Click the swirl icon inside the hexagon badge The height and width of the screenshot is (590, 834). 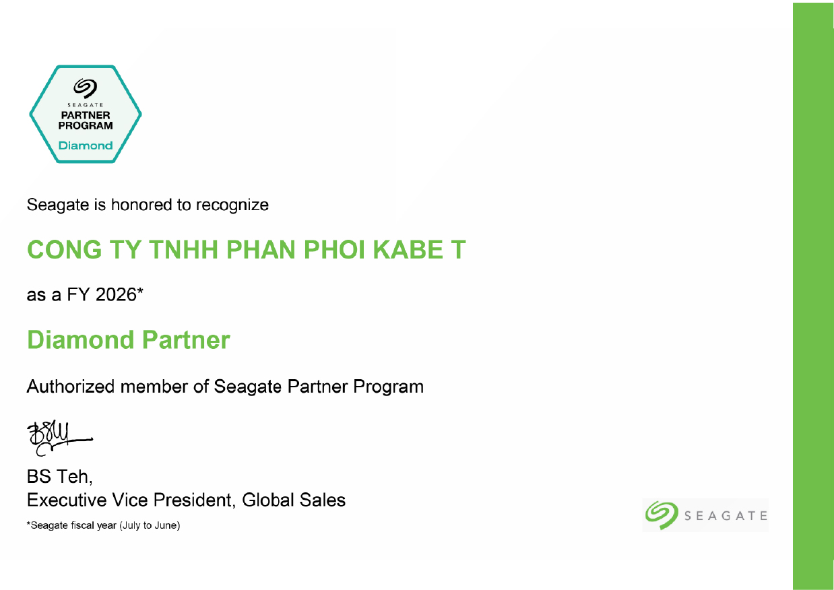pos(86,88)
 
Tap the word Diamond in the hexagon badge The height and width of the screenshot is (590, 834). pos(86,145)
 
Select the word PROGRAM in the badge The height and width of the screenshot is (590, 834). pos(86,126)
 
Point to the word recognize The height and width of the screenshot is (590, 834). pos(232,205)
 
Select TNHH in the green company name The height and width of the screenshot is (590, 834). pos(183,249)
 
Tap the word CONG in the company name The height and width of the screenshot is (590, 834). pos(65,249)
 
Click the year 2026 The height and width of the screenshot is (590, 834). pos(116,294)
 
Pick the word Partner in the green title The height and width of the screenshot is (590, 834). pos(186,340)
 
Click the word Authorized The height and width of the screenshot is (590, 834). pos(70,387)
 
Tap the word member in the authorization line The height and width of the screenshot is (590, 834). pos(154,387)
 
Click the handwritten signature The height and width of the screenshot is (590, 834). pos(59,438)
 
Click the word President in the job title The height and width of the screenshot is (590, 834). pos(193,500)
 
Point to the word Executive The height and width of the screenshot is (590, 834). pos(67,500)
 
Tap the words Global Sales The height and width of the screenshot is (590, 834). pos(294,500)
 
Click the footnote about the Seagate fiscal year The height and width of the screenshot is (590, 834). pos(103,525)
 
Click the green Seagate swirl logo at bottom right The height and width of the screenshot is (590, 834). pos(662,515)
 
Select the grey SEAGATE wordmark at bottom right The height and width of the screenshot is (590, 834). pos(726,516)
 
